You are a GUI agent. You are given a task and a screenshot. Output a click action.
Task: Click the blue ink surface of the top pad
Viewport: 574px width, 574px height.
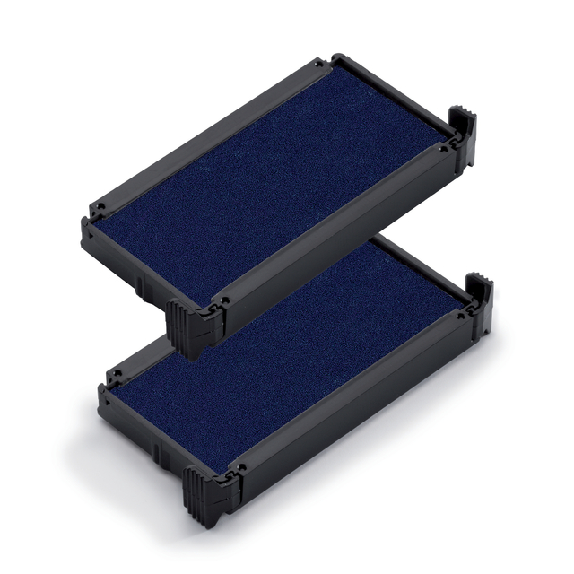pyautogui.click(x=269, y=179)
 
